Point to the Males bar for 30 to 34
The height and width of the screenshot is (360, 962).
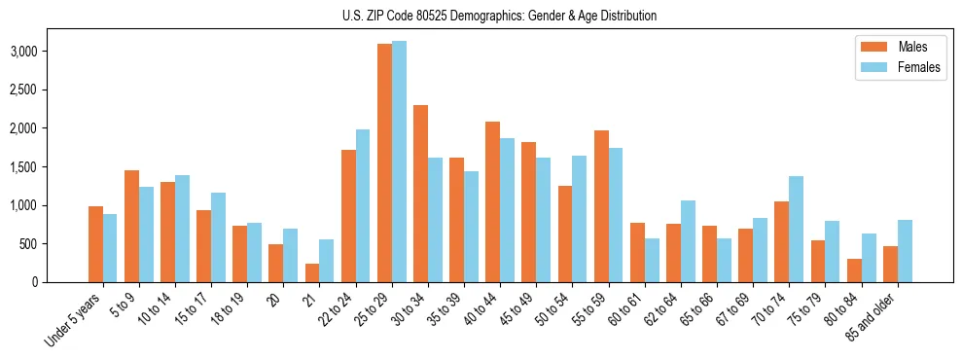[x=420, y=194]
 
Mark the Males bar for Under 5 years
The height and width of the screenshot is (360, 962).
[x=95, y=244]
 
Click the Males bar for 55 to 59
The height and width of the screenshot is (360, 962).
[x=601, y=206]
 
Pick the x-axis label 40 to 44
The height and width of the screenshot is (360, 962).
[x=490, y=312]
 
